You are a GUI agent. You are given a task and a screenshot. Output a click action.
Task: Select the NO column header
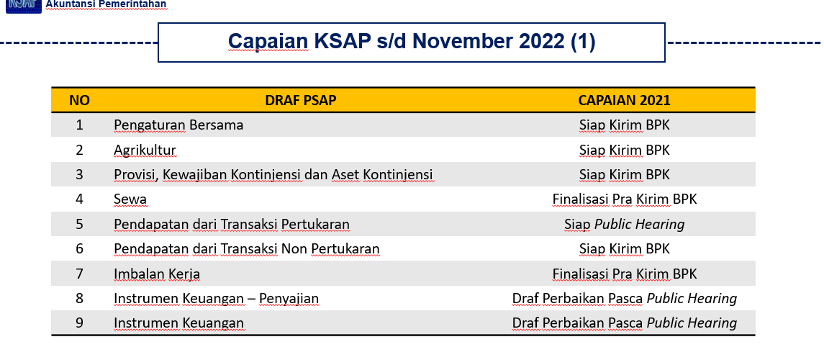tap(79, 100)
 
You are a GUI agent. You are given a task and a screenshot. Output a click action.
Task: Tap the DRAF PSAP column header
tap(301, 100)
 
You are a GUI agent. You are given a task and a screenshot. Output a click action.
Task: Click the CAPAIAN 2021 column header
tap(625, 100)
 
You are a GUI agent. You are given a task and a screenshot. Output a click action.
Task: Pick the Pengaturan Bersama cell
tap(178, 125)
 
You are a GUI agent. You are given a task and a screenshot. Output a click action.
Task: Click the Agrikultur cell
tap(145, 150)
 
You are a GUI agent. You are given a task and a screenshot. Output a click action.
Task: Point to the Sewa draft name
tap(130, 199)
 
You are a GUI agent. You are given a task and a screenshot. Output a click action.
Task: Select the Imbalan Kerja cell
tap(157, 274)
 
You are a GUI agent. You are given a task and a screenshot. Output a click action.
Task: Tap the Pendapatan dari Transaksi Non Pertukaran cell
tap(246, 248)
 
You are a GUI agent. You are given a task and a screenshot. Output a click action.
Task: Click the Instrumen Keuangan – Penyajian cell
tap(216, 299)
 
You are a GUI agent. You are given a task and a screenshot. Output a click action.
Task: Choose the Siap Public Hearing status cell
tap(625, 225)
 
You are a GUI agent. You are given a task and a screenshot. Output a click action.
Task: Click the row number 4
tap(79, 199)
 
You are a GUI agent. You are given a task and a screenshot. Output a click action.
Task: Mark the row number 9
tap(79, 323)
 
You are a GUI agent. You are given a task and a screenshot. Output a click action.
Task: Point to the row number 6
tap(79, 248)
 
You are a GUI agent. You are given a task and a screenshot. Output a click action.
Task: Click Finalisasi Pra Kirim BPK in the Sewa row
tap(625, 199)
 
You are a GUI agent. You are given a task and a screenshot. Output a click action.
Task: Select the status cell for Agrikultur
tap(625, 150)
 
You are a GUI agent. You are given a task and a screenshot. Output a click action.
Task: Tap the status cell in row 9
tap(625, 323)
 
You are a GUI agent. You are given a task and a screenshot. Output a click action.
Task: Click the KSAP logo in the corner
tap(24, 6)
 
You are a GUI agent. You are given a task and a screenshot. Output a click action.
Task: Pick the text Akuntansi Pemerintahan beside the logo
tap(107, 5)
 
